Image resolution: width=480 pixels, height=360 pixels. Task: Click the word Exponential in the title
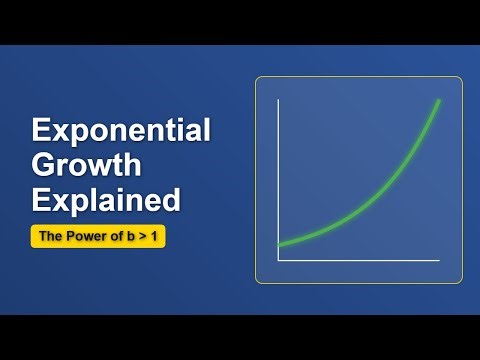(121, 132)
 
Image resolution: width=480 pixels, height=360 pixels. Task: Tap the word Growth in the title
(87, 166)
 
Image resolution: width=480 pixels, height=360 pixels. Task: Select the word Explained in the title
(106, 200)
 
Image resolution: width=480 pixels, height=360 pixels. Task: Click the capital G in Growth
(44, 166)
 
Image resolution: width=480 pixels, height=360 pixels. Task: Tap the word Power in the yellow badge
(81, 237)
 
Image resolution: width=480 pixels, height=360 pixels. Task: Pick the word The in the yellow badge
(50, 237)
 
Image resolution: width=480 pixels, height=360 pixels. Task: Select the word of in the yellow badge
(108, 237)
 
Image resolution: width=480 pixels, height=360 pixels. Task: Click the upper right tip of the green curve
(439, 101)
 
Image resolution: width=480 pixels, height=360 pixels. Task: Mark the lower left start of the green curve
(279, 245)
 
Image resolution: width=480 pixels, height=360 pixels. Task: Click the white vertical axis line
(278, 180)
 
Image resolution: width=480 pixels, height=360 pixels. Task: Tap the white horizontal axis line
(360, 261)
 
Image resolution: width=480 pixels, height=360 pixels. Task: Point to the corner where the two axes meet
(278, 261)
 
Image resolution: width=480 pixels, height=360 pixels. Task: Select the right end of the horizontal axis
(439, 261)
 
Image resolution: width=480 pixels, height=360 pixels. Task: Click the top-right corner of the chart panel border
(461, 79)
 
